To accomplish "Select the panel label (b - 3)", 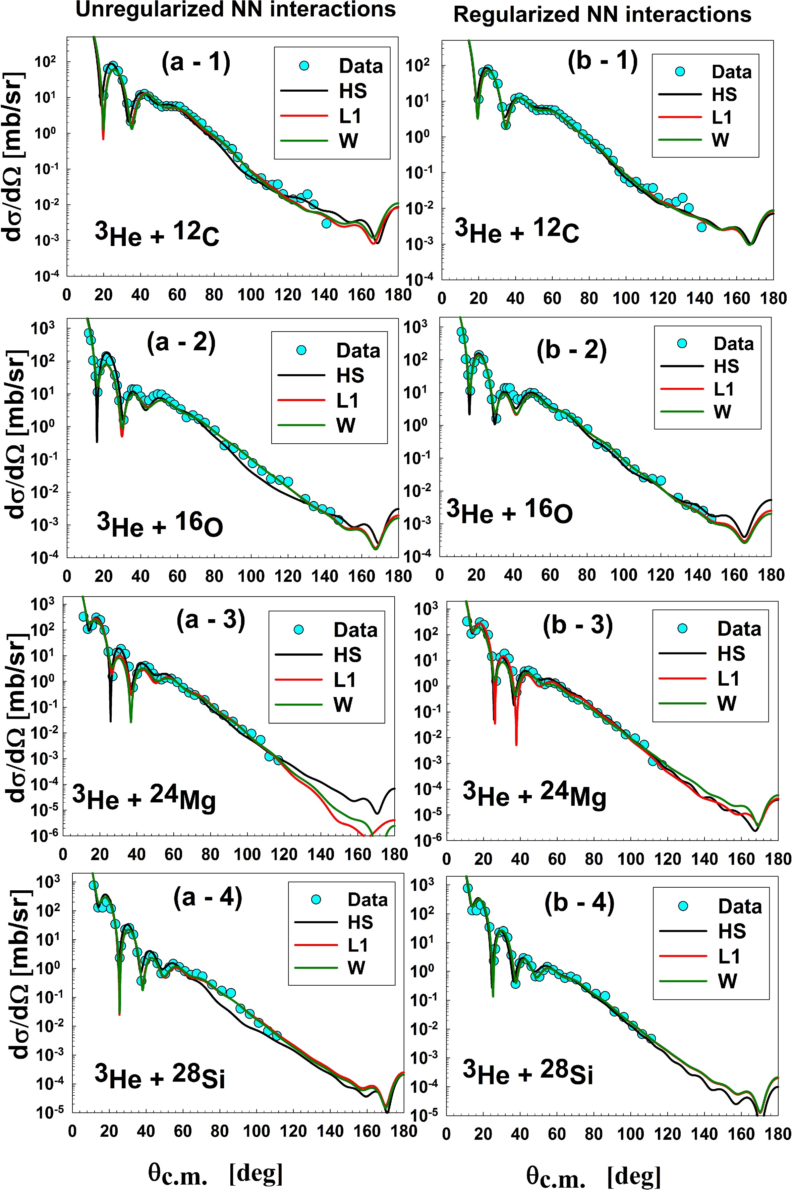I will (578, 626).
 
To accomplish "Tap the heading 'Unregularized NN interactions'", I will (235, 10).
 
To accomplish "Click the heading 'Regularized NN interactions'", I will (602, 15).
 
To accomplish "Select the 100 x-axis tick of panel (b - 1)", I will (626, 298).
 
